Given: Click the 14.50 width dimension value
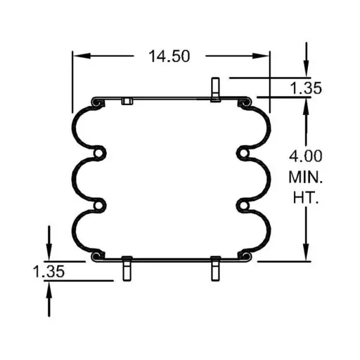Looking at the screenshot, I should (x=170, y=56).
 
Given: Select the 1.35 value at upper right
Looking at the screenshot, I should (x=306, y=88).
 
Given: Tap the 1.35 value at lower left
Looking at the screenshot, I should (x=49, y=271).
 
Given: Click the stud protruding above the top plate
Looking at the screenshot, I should (x=215, y=89).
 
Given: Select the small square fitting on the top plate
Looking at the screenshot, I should (x=126, y=101).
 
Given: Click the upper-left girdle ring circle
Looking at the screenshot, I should (x=98, y=154).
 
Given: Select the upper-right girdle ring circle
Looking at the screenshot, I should (x=243, y=154).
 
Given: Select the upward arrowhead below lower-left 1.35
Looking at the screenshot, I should (x=49, y=291).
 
